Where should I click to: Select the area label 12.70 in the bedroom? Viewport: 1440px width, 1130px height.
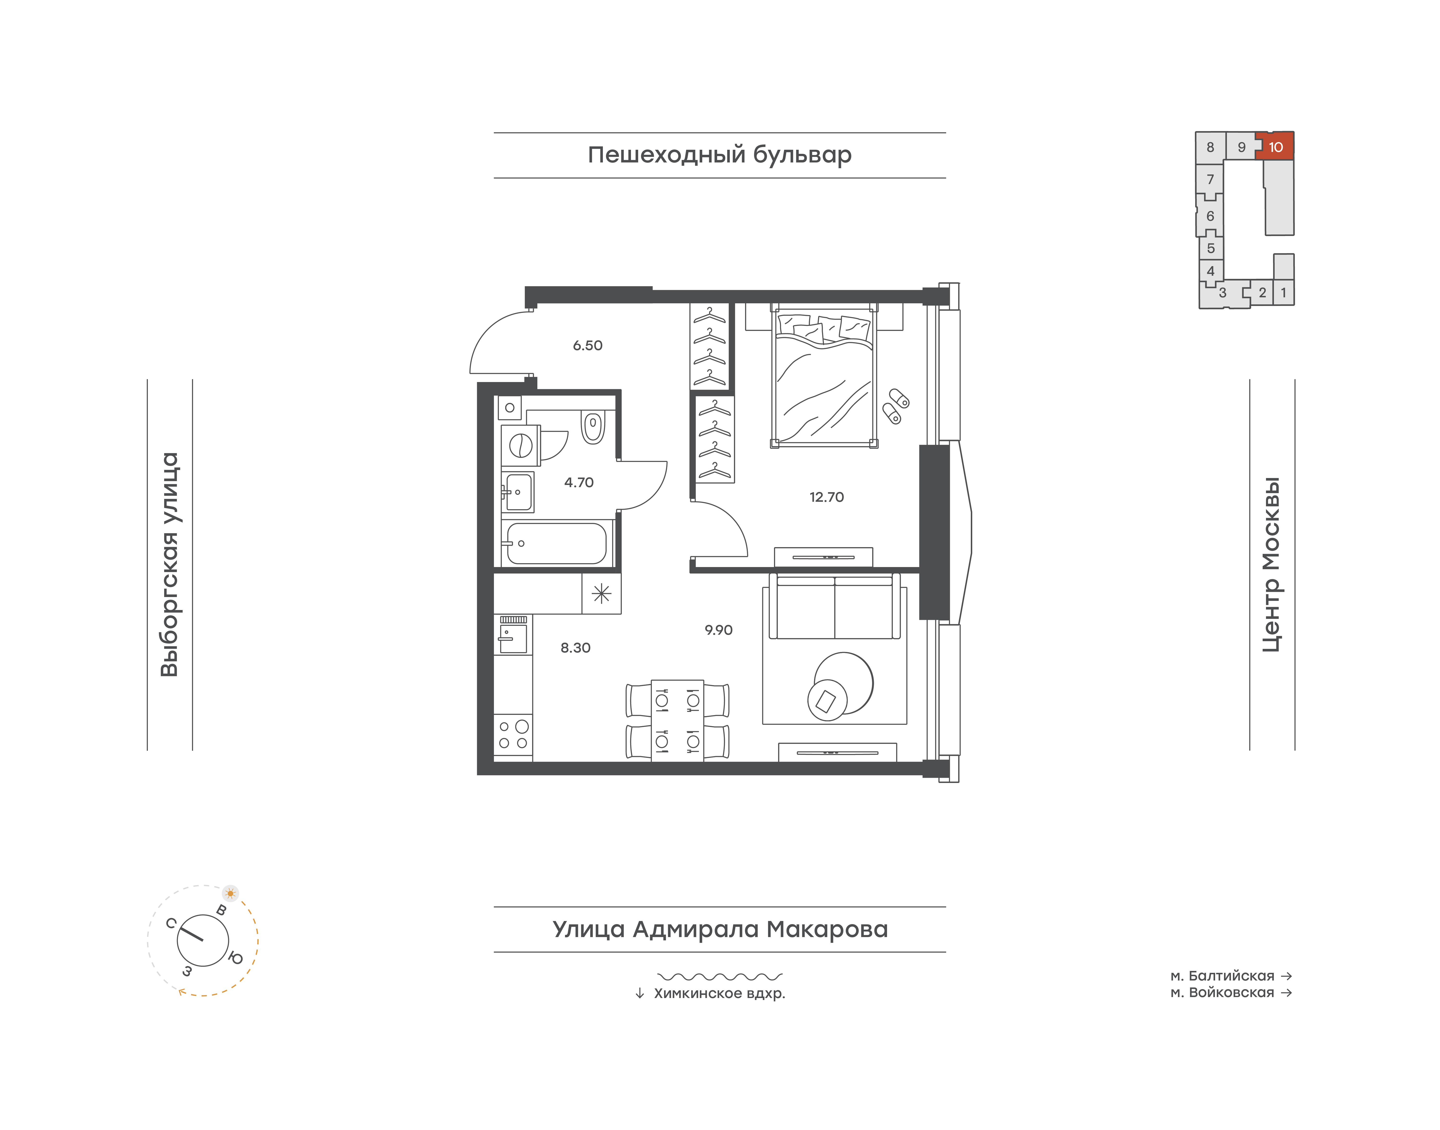tap(827, 497)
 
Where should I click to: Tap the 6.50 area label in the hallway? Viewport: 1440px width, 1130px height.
tap(588, 345)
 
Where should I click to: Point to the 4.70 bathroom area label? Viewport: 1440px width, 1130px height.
tap(579, 482)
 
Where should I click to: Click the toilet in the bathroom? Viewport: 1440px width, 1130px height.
tap(593, 427)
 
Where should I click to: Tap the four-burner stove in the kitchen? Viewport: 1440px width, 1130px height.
tap(513, 734)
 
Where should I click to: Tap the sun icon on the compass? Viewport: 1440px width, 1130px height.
tap(230, 893)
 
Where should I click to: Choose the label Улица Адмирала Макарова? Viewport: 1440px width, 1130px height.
tap(720, 929)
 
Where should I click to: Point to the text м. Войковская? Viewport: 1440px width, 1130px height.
tap(1222, 992)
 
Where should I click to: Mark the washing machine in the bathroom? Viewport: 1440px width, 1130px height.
tap(521, 445)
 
